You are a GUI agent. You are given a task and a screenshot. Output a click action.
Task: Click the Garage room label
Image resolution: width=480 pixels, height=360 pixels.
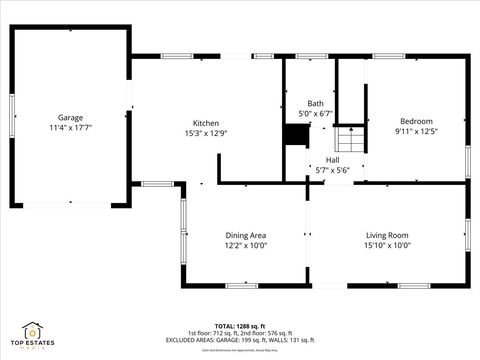(x=70, y=117)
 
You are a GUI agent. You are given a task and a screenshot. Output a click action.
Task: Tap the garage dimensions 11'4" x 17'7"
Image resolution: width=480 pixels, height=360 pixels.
(x=70, y=128)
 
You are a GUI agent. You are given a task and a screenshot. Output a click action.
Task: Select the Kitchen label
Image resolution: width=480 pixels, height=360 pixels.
(x=206, y=123)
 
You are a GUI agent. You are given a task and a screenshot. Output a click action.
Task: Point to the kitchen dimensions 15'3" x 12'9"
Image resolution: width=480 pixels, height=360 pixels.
(x=206, y=134)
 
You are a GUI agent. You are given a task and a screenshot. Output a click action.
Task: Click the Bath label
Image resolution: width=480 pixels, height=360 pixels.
(x=315, y=103)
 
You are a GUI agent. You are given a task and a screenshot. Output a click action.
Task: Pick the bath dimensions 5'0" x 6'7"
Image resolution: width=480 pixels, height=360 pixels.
(x=315, y=114)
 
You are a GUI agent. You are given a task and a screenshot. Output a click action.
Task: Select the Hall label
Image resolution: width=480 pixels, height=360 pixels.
(x=332, y=159)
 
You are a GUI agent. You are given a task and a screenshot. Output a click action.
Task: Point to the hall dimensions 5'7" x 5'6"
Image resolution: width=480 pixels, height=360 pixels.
(x=332, y=170)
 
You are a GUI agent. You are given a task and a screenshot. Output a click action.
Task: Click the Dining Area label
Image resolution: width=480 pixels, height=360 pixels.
(x=245, y=235)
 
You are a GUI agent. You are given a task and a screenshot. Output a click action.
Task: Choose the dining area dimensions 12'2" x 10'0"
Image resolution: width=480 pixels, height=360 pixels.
(x=245, y=246)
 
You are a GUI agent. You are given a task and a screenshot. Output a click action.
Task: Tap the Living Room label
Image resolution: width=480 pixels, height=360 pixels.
(x=387, y=235)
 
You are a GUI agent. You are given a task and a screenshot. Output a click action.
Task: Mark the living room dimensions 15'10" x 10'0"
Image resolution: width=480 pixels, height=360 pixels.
(x=387, y=246)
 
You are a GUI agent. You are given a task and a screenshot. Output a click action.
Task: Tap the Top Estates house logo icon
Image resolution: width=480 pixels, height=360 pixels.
(x=33, y=329)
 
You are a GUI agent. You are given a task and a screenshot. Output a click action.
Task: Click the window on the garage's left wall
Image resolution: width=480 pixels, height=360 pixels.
(x=11, y=117)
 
